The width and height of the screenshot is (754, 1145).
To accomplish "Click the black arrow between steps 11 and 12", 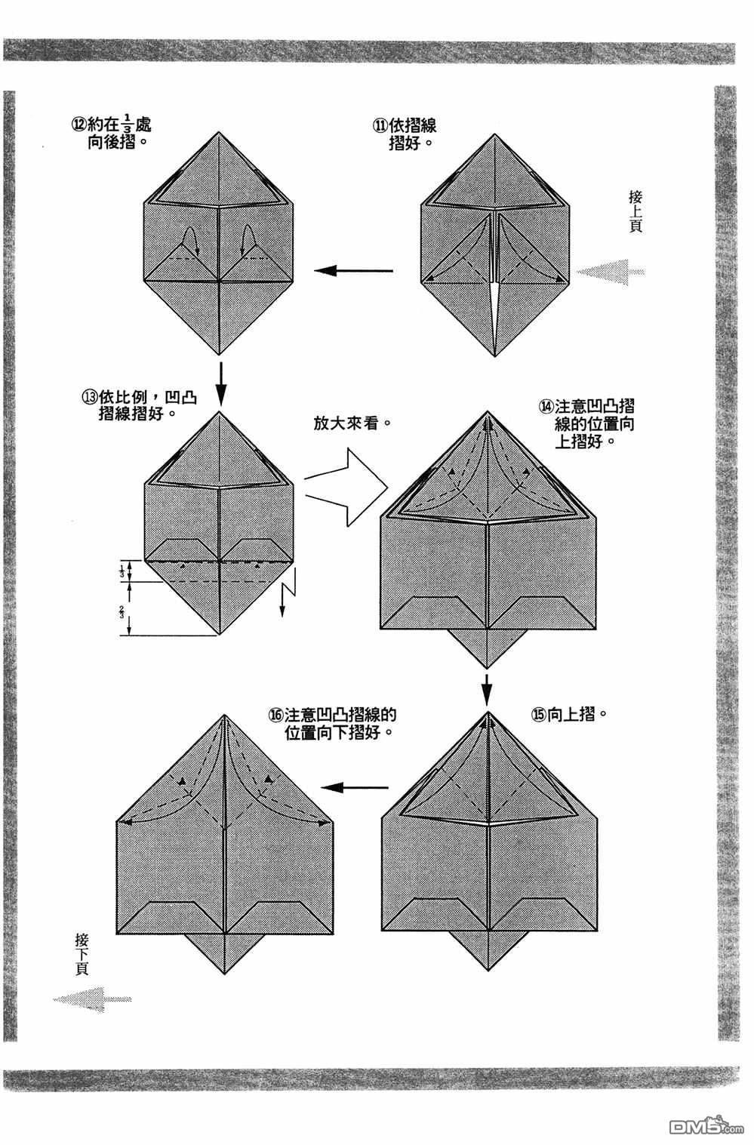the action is coord(354,269).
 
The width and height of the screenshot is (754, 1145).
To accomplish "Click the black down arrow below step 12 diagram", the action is coord(220,380).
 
